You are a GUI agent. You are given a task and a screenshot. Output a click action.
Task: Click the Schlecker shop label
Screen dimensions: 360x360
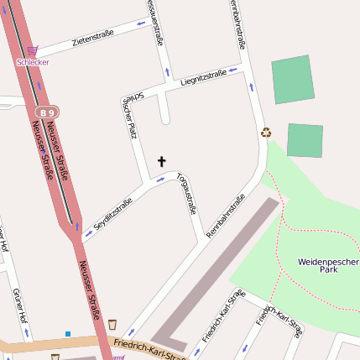(x=33, y=62)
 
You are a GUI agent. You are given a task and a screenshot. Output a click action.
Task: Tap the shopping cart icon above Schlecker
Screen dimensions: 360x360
(x=33, y=51)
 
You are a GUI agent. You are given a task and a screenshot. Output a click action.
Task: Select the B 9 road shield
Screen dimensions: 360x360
(x=46, y=111)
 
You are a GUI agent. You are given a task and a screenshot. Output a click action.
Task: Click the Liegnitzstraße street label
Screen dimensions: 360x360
(x=203, y=77)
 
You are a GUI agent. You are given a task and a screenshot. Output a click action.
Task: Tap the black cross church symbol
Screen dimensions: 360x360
(x=161, y=159)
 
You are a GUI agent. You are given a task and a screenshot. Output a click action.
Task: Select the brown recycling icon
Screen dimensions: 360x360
(x=267, y=132)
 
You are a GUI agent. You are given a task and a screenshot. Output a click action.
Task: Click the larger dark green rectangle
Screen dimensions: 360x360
(x=292, y=80)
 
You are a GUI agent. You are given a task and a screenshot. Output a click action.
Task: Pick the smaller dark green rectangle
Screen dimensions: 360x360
(x=305, y=139)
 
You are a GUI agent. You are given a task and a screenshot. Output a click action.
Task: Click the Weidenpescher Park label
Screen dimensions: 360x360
(x=328, y=267)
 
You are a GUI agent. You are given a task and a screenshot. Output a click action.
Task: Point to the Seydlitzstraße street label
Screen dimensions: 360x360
(x=113, y=214)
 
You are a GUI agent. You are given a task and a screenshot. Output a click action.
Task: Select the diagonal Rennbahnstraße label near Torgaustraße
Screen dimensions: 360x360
(x=224, y=215)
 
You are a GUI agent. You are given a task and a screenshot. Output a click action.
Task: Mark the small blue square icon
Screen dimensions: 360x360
(x=68, y=333)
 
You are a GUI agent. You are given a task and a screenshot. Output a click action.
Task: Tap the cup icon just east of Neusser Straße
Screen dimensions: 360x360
(x=112, y=324)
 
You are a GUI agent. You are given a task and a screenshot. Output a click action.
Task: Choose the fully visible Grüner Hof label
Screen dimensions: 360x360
(x=19, y=307)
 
